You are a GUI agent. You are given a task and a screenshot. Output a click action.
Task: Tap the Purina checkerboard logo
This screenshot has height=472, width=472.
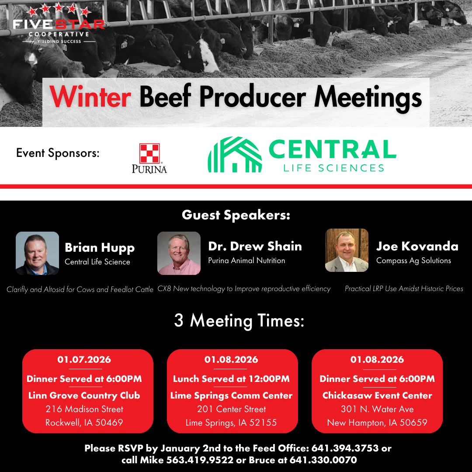(x=149, y=153)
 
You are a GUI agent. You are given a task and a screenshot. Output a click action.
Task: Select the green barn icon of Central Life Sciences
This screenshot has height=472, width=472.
(x=235, y=154)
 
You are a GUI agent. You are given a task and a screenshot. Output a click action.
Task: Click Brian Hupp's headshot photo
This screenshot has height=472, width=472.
(x=37, y=253)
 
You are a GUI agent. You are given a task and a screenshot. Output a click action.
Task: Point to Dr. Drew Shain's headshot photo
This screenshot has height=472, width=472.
(x=179, y=253)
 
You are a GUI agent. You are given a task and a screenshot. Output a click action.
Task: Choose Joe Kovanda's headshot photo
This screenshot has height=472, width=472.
(x=347, y=250)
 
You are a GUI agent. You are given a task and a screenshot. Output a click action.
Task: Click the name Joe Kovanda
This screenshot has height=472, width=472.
(x=417, y=246)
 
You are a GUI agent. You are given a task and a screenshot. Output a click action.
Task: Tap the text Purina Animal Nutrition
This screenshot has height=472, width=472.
(x=246, y=260)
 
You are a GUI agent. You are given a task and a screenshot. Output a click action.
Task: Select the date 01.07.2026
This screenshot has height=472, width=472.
(x=84, y=359)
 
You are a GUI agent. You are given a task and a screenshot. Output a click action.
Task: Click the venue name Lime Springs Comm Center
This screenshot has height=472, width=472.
(x=231, y=396)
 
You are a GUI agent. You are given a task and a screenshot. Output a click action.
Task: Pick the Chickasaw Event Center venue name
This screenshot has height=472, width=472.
(x=377, y=396)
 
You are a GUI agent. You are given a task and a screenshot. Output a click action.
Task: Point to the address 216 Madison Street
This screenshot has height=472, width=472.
(x=84, y=409)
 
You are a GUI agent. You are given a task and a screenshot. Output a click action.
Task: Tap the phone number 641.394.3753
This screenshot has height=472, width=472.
(x=345, y=448)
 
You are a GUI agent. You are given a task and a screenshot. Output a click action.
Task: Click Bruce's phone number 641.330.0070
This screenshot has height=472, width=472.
(x=323, y=460)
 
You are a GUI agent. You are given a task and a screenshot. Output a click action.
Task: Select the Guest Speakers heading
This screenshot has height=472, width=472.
(x=236, y=215)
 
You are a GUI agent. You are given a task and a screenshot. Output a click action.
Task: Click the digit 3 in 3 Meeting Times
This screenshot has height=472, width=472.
(x=178, y=320)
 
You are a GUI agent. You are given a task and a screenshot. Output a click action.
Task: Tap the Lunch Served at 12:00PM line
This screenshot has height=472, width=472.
(x=231, y=378)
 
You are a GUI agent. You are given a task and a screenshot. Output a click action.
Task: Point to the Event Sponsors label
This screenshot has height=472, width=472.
(x=58, y=153)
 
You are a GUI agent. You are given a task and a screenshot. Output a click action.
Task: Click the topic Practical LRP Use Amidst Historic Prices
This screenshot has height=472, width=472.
(x=404, y=289)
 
